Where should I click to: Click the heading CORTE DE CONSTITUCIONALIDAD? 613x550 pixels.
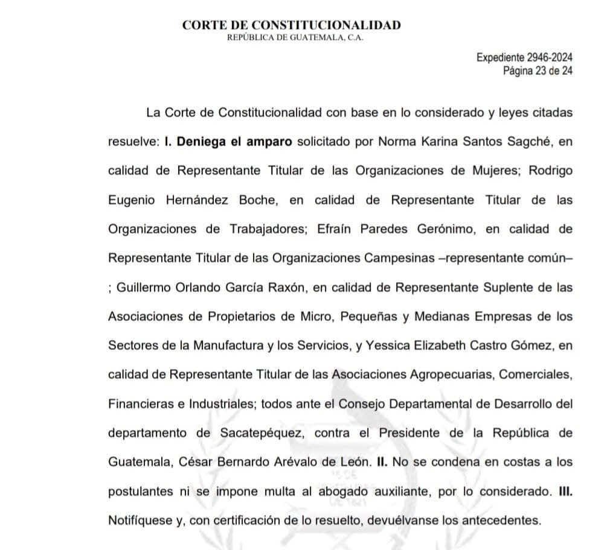point(291,25)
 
